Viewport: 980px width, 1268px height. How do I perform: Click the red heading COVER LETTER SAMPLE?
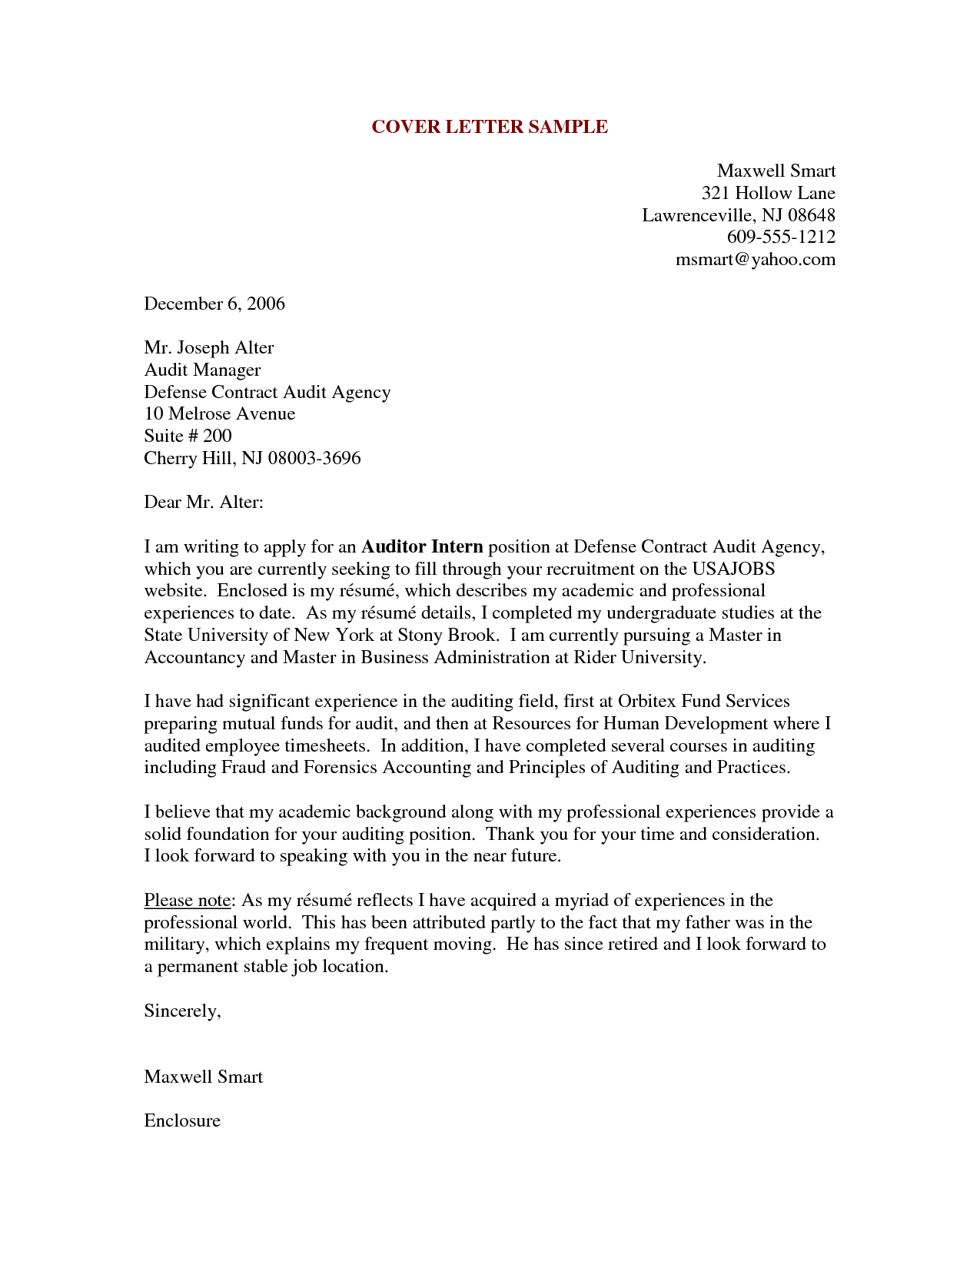click(490, 127)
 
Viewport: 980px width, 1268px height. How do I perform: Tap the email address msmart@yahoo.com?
click(755, 259)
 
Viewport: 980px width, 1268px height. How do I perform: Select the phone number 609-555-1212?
click(781, 237)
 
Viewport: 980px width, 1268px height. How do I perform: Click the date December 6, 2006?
click(214, 304)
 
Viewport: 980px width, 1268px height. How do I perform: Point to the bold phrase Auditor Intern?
click(422, 546)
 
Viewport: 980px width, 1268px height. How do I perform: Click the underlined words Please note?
click(188, 900)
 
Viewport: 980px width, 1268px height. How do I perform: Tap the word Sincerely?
click(182, 1011)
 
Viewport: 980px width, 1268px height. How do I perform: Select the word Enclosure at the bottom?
click(182, 1120)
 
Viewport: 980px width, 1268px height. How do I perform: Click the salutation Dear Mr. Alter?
click(204, 502)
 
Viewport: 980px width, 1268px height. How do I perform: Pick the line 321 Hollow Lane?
click(768, 193)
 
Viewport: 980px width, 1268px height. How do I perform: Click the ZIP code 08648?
click(811, 215)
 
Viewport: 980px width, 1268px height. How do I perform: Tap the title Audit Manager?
click(202, 370)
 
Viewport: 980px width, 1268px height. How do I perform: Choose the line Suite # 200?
click(188, 436)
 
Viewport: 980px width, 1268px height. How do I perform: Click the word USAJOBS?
click(733, 569)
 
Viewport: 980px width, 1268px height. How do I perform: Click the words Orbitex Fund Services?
click(703, 701)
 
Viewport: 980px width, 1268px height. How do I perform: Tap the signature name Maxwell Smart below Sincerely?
click(203, 1077)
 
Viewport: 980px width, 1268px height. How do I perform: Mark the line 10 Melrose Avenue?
click(219, 413)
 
